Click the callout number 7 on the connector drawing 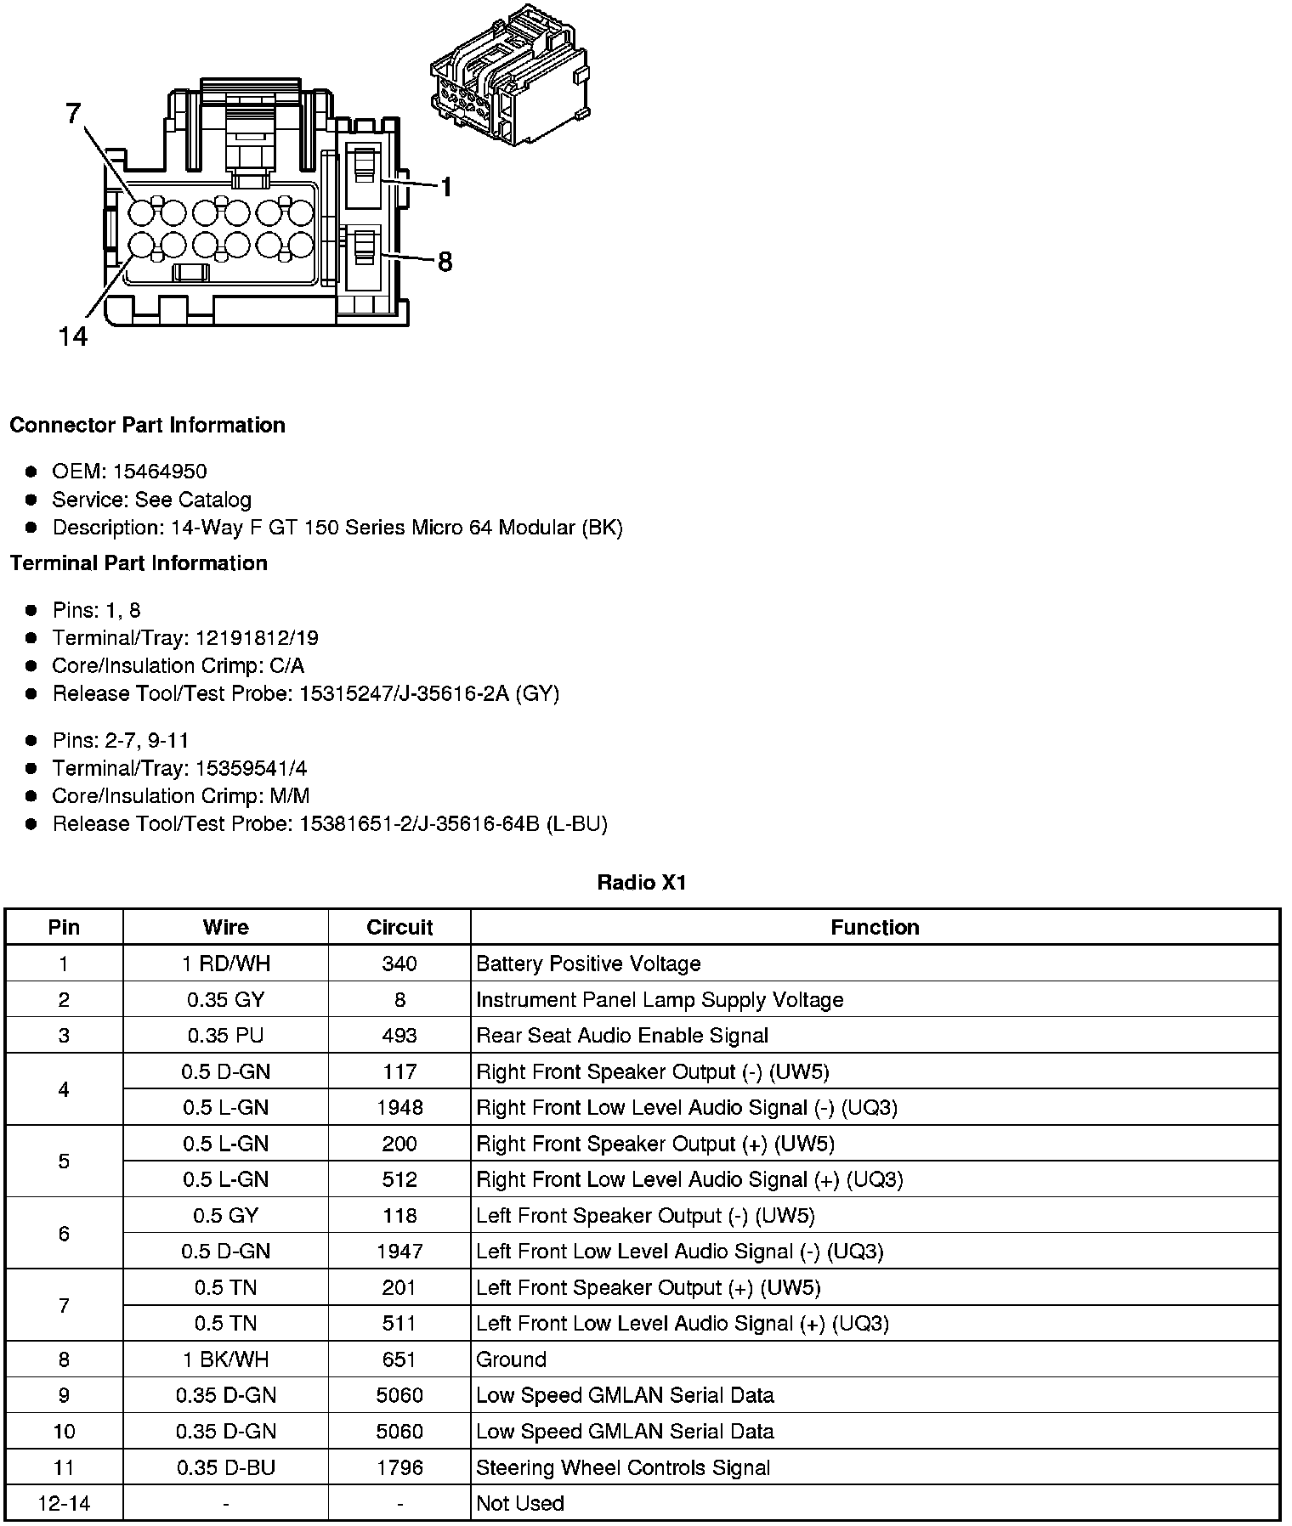click(74, 114)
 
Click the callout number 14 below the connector click(73, 337)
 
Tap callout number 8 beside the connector click(445, 262)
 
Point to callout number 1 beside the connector click(445, 187)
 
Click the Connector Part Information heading click(147, 425)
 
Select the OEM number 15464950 click(160, 472)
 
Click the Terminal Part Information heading click(139, 563)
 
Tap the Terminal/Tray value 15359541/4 click(252, 769)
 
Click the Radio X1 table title click(642, 883)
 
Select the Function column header click(875, 927)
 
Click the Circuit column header click(399, 927)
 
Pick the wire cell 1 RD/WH click(225, 964)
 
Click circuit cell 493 click(399, 1036)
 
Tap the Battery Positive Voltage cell click(588, 964)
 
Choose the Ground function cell click(511, 1359)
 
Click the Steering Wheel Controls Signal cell click(623, 1467)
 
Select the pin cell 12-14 click(64, 1503)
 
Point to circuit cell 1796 click(399, 1467)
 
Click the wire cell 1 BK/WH click(225, 1359)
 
